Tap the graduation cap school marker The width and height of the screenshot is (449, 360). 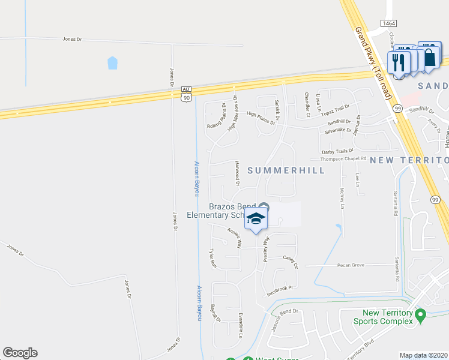click(256, 220)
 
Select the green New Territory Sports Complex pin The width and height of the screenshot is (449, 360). click(421, 314)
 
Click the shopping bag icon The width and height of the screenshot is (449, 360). click(430, 57)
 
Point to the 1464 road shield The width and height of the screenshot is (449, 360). click(388, 23)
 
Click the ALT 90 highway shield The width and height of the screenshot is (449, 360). click(187, 92)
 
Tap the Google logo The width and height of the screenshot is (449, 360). click(20, 353)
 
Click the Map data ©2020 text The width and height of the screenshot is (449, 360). click(423, 355)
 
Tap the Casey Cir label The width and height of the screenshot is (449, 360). click(290, 259)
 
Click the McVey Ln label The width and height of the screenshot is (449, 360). click(342, 197)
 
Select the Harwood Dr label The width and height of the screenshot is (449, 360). click(238, 172)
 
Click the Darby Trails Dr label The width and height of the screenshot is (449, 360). click(338, 151)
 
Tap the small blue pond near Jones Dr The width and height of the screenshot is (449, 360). click(112, 62)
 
